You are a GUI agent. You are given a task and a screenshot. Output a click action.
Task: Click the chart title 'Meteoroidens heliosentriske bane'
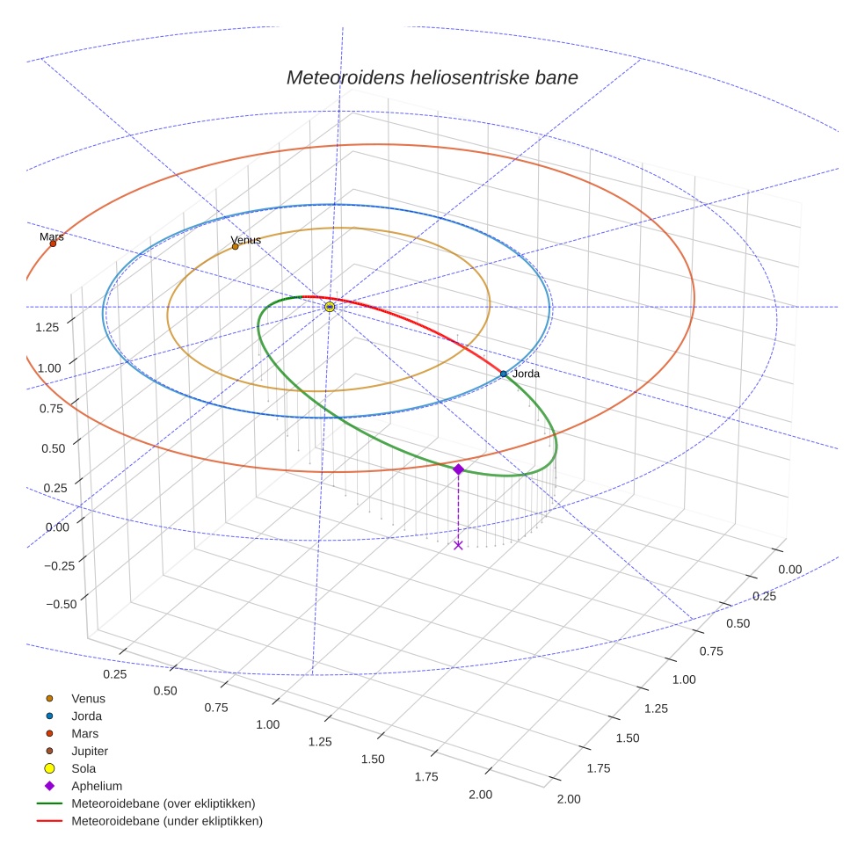[432, 77]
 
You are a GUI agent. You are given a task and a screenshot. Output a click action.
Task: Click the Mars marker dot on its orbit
[53, 244]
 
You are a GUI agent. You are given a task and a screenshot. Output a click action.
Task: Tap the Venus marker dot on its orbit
[235, 246]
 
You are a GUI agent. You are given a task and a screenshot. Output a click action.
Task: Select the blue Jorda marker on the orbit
[504, 374]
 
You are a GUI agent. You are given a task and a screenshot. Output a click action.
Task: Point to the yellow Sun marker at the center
[330, 307]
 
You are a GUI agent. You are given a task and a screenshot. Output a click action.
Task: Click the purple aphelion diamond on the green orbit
[458, 469]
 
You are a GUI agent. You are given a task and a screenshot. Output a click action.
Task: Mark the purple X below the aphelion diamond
[458, 545]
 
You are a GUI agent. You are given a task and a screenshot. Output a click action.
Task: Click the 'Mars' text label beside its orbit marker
[52, 236]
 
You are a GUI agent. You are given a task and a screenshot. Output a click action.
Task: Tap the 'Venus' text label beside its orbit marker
[246, 240]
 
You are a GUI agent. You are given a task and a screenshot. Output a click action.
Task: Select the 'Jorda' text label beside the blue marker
[526, 374]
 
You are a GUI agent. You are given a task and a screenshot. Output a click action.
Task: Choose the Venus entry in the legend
[88, 698]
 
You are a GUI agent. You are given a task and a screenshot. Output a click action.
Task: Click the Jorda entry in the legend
[86, 716]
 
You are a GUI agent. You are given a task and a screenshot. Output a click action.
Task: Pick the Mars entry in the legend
[84, 733]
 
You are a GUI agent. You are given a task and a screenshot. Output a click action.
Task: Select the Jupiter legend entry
[90, 751]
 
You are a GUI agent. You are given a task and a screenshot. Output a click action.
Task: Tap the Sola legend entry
[84, 768]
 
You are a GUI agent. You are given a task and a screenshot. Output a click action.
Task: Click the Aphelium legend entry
[97, 786]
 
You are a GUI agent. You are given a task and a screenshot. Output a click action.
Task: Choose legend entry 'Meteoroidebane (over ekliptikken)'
[163, 803]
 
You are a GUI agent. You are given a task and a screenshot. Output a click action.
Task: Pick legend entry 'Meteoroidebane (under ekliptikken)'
[166, 821]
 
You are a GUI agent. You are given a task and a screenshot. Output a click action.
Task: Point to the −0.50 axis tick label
[60, 603]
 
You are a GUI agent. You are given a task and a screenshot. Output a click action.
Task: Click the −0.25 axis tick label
[60, 565]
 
